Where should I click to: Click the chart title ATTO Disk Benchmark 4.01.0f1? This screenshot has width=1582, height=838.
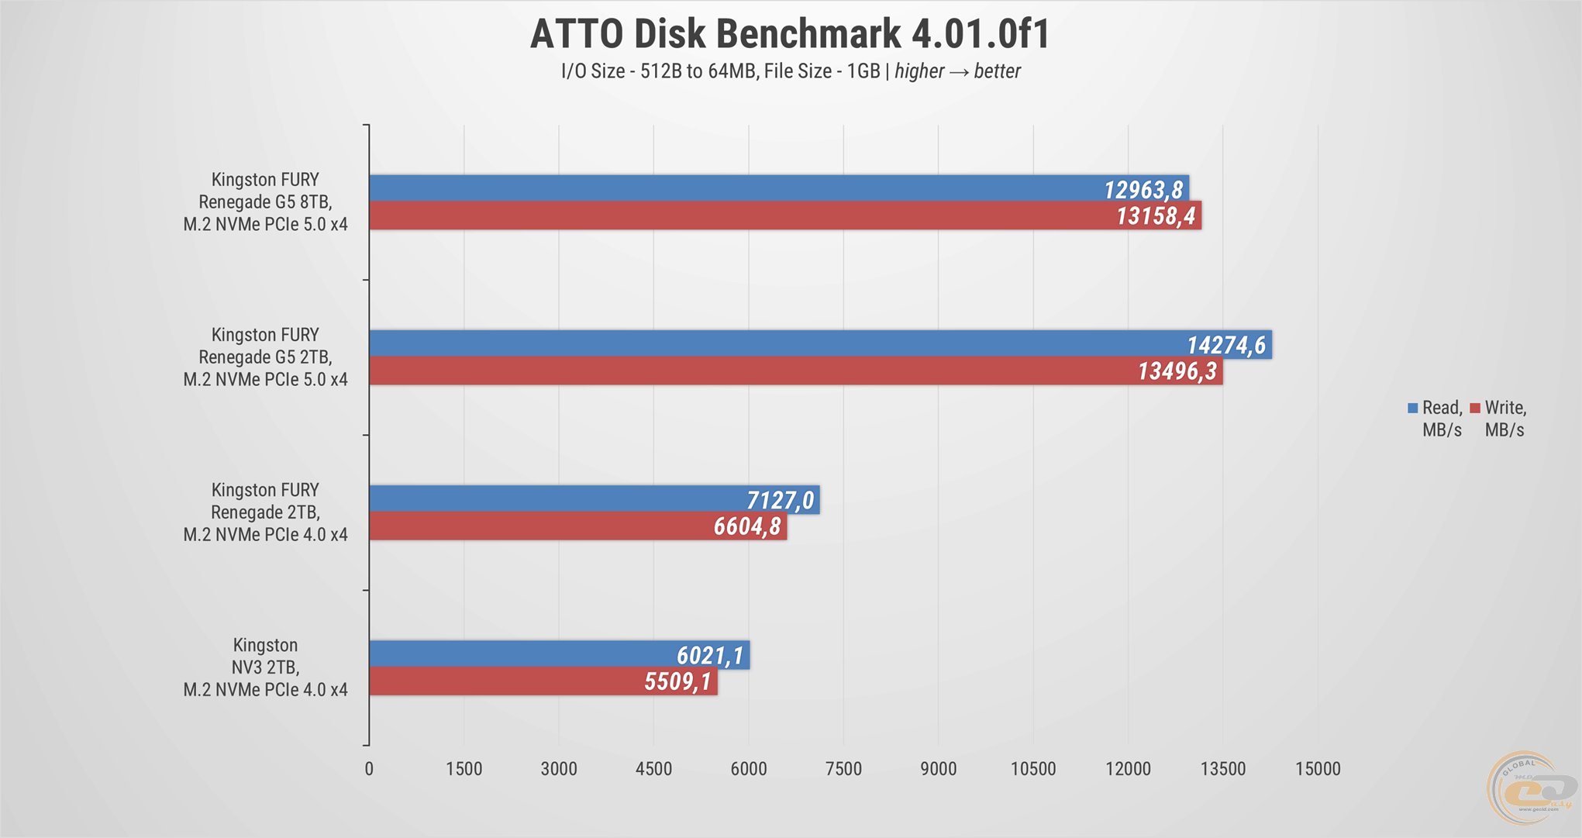click(x=790, y=34)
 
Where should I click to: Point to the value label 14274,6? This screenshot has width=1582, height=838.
click(x=1226, y=345)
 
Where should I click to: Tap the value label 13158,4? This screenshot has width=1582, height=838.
click(x=1156, y=216)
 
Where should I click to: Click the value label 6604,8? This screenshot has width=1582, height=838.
click(x=747, y=527)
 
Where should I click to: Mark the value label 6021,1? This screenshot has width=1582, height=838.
click(x=710, y=656)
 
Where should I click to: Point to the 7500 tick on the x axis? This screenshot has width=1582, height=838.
click(x=843, y=769)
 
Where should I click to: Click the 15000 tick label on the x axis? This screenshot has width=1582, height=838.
click(x=1318, y=769)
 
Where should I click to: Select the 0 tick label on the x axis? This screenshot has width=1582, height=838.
click(x=369, y=769)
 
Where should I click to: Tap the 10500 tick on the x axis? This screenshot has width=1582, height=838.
click(x=1033, y=769)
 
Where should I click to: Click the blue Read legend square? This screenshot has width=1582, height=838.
click(x=1413, y=408)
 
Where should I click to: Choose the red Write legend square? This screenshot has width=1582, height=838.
click(x=1475, y=408)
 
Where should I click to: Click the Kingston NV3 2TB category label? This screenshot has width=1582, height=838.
click(x=265, y=667)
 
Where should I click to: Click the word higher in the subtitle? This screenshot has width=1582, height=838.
click(x=919, y=71)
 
